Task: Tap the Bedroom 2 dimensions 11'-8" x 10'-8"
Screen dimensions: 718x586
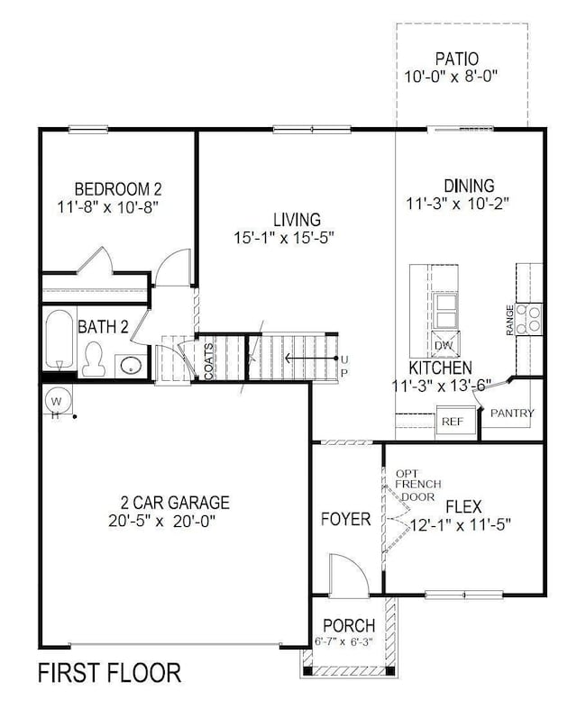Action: (117, 207)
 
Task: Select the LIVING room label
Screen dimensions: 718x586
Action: (297, 219)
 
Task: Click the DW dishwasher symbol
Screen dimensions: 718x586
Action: (444, 345)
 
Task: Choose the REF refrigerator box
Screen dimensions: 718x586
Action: (452, 421)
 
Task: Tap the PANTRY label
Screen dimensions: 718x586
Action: (512, 414)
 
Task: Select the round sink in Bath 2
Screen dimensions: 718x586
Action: (132, 365)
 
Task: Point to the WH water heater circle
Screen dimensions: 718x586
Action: (56, 401)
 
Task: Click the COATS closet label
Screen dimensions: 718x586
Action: (208, 359)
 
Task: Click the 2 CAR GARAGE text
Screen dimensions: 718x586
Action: (175, 503)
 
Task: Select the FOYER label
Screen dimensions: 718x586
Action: (346, 519)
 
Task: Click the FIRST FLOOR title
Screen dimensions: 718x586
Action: (108, 672)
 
